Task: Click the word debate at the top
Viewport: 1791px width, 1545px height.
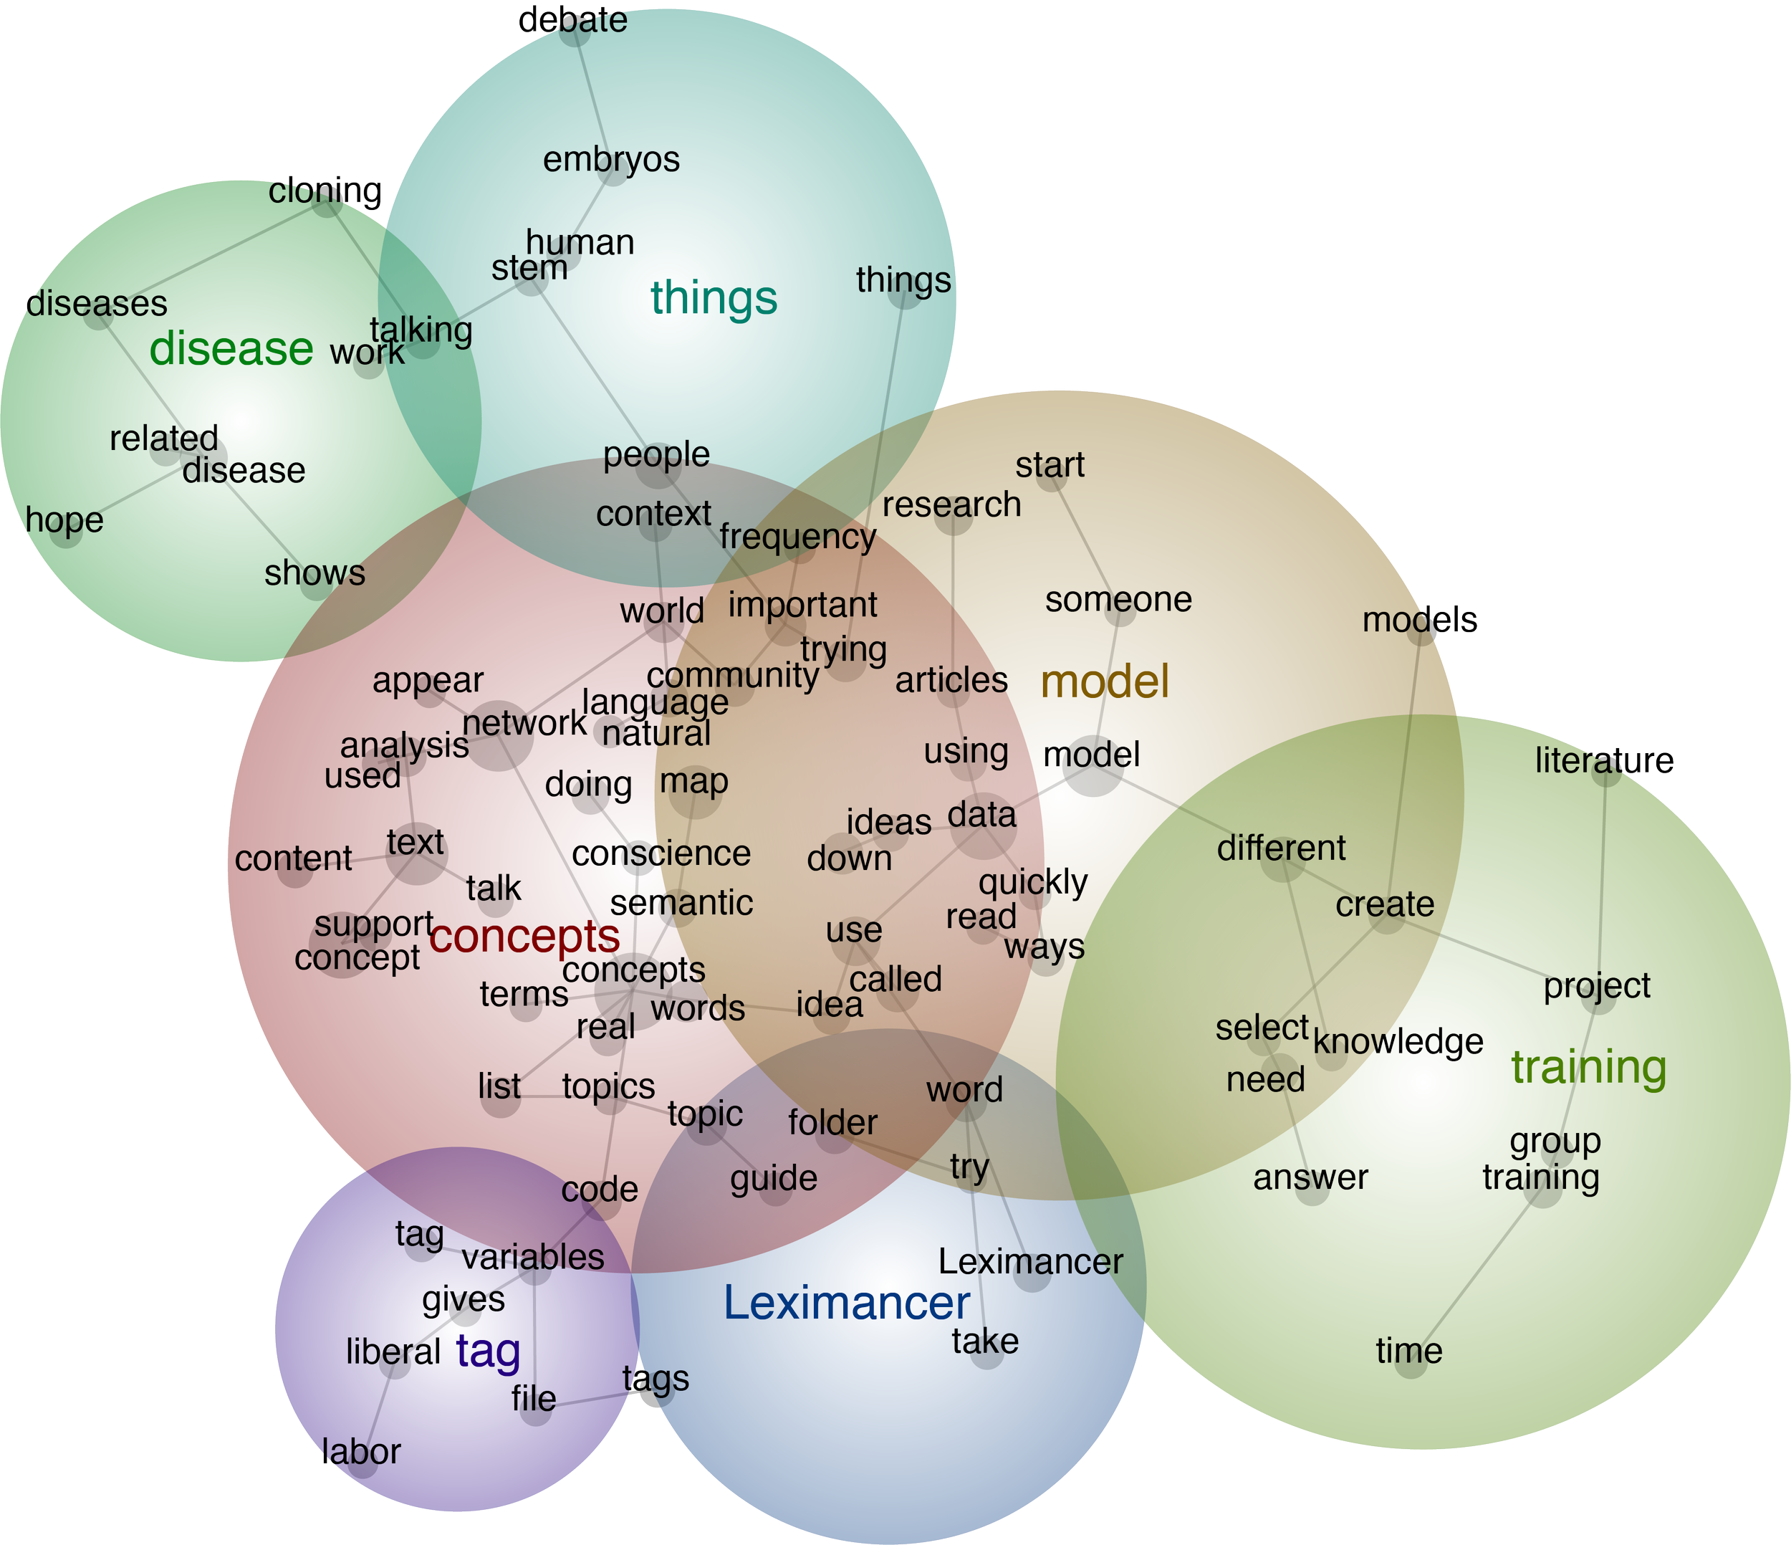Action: click(572, 20)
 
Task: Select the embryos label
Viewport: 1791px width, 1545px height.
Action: click(611, 160)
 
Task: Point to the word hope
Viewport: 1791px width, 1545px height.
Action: click(64, 520)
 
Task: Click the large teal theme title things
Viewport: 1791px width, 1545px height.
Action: click(714, 297)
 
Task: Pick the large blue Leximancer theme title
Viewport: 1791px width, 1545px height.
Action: click(847, 1302)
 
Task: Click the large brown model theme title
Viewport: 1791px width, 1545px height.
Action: click(1105, 681)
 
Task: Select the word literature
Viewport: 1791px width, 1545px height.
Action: click(1604, 761)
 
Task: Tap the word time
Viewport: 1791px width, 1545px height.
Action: click(1409, 1351)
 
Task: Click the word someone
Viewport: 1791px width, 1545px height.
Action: click(1118, 599)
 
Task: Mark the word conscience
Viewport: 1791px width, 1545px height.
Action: click(661, 853)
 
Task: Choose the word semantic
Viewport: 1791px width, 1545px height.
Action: click(681, 903)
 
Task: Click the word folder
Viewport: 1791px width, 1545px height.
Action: click(833, 1122)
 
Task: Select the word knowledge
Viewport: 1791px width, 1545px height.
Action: click(1398, 1042)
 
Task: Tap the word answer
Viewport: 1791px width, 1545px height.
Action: click(1310, 1177)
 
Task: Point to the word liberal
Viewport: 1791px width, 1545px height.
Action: click(393, 1352)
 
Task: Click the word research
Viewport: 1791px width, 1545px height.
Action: click(951, 505)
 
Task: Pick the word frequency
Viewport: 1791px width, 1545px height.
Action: click(798, 537)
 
